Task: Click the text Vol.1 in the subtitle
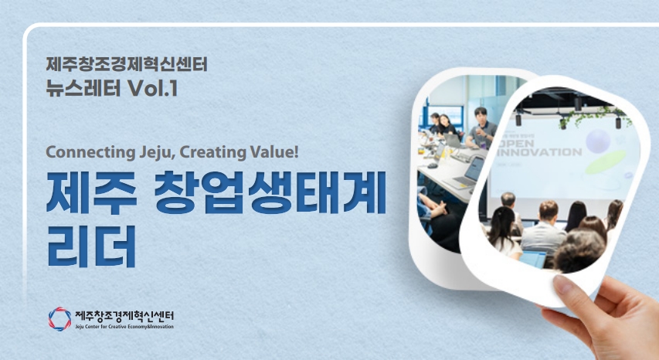point(152,88)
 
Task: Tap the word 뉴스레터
point(83,88)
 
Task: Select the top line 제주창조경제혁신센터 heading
point(127,64)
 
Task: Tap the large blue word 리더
point(91,246)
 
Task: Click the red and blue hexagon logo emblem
point(59,319)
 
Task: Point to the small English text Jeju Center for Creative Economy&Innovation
point(124,326)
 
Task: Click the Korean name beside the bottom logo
point(124,315)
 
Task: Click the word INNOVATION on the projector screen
point(539,151)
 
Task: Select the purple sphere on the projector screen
point(598,141)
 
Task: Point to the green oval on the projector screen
point(606,162)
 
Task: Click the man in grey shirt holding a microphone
point(482,129)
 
